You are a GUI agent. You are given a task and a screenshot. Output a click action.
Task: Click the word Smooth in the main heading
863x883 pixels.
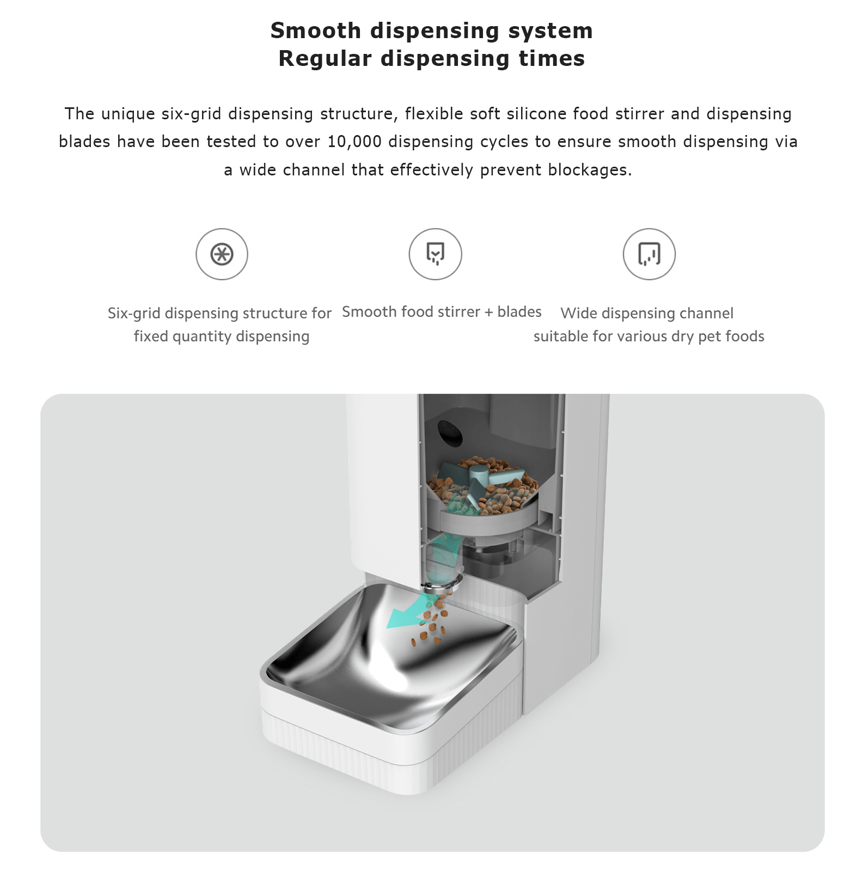[316, 31]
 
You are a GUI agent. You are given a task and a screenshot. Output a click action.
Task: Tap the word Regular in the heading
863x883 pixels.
[325, 59]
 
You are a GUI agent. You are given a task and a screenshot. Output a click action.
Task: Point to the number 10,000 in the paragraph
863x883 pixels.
[354, 142]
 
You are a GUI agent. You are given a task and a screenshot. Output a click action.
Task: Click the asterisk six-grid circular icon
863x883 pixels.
[222, 254]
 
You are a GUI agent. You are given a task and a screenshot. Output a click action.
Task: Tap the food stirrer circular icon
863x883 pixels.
[435, 254]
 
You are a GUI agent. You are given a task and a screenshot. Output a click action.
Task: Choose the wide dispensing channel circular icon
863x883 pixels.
[649, 254]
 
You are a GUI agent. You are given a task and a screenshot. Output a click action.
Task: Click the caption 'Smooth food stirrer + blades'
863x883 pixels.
[442, 312]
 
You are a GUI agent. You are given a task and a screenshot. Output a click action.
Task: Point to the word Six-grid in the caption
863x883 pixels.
[134, 314]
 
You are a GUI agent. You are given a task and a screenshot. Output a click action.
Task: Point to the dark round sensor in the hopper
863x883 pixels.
[450, 433]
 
